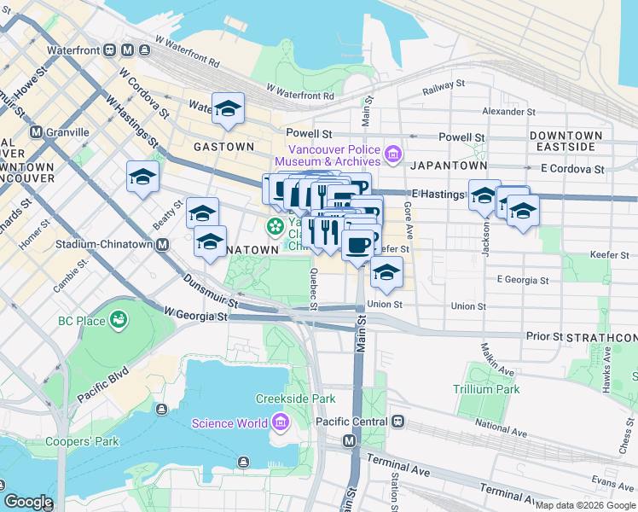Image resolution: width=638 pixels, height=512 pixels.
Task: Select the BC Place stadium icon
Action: (x=119, y=321)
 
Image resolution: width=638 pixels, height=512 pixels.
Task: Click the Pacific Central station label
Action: (x=351, y=422)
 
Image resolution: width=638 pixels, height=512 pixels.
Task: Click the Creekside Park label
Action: (x=296, y=399)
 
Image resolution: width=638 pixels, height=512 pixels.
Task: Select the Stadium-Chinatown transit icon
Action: (x=162, y=244)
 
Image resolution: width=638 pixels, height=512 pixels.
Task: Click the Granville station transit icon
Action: (x=36, y=132)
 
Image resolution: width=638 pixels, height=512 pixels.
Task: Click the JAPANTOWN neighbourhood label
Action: (x=449, y=166)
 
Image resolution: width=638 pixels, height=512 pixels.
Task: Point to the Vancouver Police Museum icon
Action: (x=392, y=154)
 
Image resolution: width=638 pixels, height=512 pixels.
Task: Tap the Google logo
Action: (x=28, y=502)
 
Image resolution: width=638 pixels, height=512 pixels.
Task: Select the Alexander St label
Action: (x=508, y=112)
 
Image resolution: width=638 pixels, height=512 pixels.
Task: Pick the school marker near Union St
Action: (x=386, y=272)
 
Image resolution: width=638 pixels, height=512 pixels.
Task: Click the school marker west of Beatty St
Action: (x=142, y=177)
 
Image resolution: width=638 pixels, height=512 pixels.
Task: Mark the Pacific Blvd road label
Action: (x=104, y=386)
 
